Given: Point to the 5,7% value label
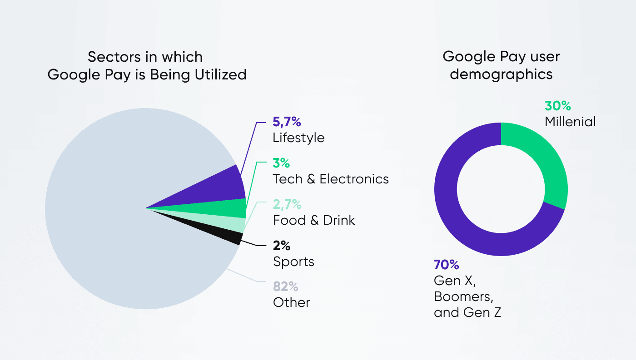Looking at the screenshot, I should (287, 122).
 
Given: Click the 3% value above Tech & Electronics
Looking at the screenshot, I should (281, 163).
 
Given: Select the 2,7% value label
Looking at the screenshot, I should (287, 204).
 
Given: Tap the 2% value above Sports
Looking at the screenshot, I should (281, 246).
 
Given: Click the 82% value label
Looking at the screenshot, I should (285, 286).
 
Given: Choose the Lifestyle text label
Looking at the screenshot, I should (298, 138).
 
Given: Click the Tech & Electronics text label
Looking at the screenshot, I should (331, 179).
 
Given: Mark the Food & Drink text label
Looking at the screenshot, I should (314, 220).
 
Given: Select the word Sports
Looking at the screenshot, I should (293, 261).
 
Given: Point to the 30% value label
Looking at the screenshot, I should (557, 106).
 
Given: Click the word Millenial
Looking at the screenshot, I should (570, 122).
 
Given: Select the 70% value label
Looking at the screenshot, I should (446, 265).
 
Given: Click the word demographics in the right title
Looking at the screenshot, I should (501, 74).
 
